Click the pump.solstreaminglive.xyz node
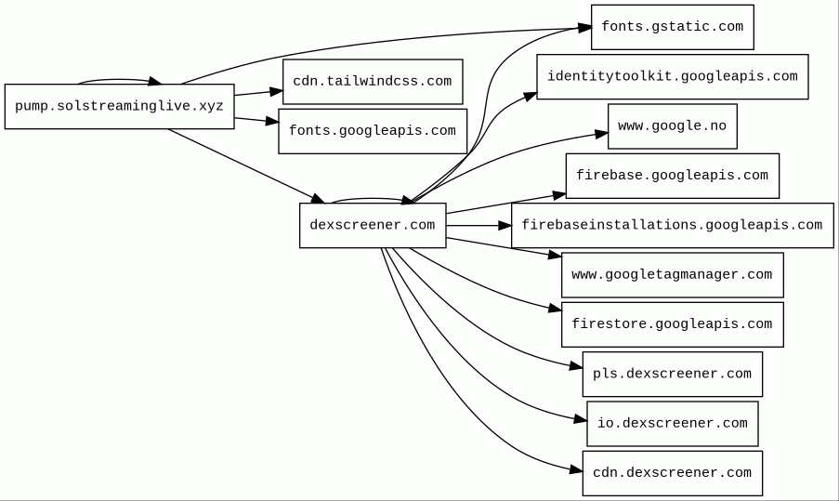click(119, 106)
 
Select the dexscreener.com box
click(373, 225)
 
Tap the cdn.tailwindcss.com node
click(373, 82)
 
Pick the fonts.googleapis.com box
click(373, 131)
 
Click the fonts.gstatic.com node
click(673, 27)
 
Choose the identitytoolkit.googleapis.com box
click(673, 76)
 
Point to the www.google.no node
click(673, 126)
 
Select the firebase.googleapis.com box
click(673, 176)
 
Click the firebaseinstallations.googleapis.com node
click(673, 225)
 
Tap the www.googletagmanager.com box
click(673, 275)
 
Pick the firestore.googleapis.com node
click(673, 324)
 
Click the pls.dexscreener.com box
click(673, 375)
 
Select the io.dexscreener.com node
click(673, 424)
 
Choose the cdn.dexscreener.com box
click(673, 473)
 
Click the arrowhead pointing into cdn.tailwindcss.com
click(276, 91)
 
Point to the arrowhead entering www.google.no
click(602, 134)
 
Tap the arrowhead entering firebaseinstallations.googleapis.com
click(505, 225)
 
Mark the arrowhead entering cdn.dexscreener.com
click(576, 470)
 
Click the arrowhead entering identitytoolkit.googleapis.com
click(531, 97)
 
